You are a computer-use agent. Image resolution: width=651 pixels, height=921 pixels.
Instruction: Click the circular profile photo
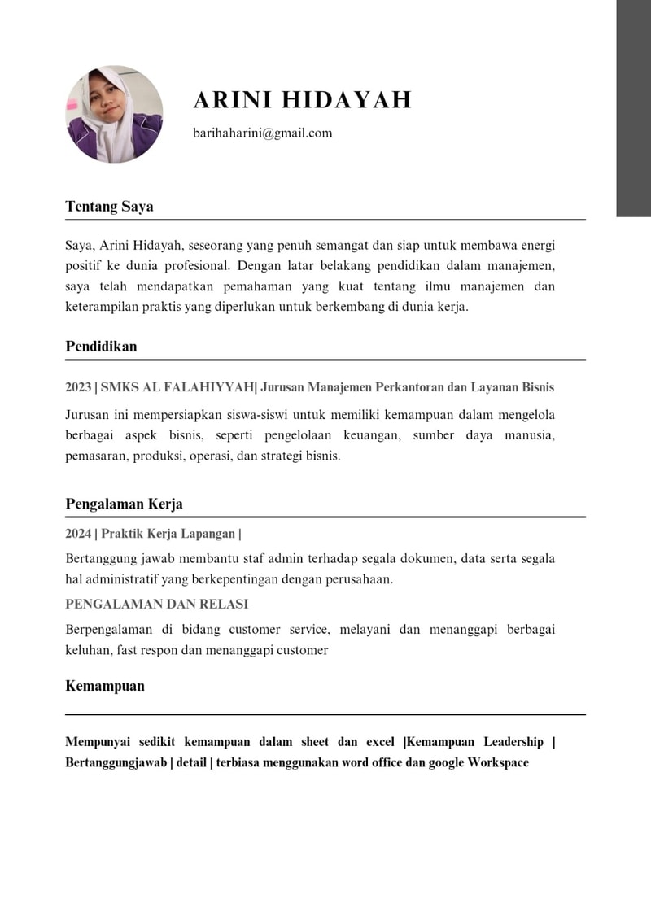tap(114, 114)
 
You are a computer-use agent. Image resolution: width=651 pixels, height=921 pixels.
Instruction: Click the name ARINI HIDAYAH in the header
tap(302, 100)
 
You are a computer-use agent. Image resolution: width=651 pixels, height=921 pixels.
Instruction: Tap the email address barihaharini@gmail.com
tap(263, 133)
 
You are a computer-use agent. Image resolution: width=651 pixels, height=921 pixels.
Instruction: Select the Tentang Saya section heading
tap(109, 207)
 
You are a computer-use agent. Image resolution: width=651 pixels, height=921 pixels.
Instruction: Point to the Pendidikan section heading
tap(101, 347)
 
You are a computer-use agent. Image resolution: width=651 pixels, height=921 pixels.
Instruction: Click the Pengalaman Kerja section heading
tap(124, 504)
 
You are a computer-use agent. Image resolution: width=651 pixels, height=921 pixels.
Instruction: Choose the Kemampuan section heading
tap(105, 686)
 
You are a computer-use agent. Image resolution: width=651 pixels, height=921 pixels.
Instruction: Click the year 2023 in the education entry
tap(78, 387)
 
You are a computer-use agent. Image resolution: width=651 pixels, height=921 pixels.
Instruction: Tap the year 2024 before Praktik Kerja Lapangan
tap(78, 535)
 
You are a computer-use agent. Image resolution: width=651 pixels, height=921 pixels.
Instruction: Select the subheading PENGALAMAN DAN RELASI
tap(156, 605)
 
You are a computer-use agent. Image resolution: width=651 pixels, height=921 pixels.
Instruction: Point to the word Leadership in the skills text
tap(513, 742)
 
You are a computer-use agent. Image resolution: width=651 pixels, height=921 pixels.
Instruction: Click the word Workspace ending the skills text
tap(498, 763)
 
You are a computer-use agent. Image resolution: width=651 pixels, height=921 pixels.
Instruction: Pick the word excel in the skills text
tap(379, 742)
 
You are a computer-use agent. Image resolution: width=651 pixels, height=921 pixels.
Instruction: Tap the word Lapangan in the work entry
tap(209, 535)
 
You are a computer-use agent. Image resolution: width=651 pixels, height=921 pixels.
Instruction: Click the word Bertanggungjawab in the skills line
tap(116, 763)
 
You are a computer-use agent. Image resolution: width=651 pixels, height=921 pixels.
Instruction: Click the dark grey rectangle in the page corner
tap(633, 108)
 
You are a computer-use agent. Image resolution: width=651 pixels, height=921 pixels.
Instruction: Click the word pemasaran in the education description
tap(92, 456)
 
